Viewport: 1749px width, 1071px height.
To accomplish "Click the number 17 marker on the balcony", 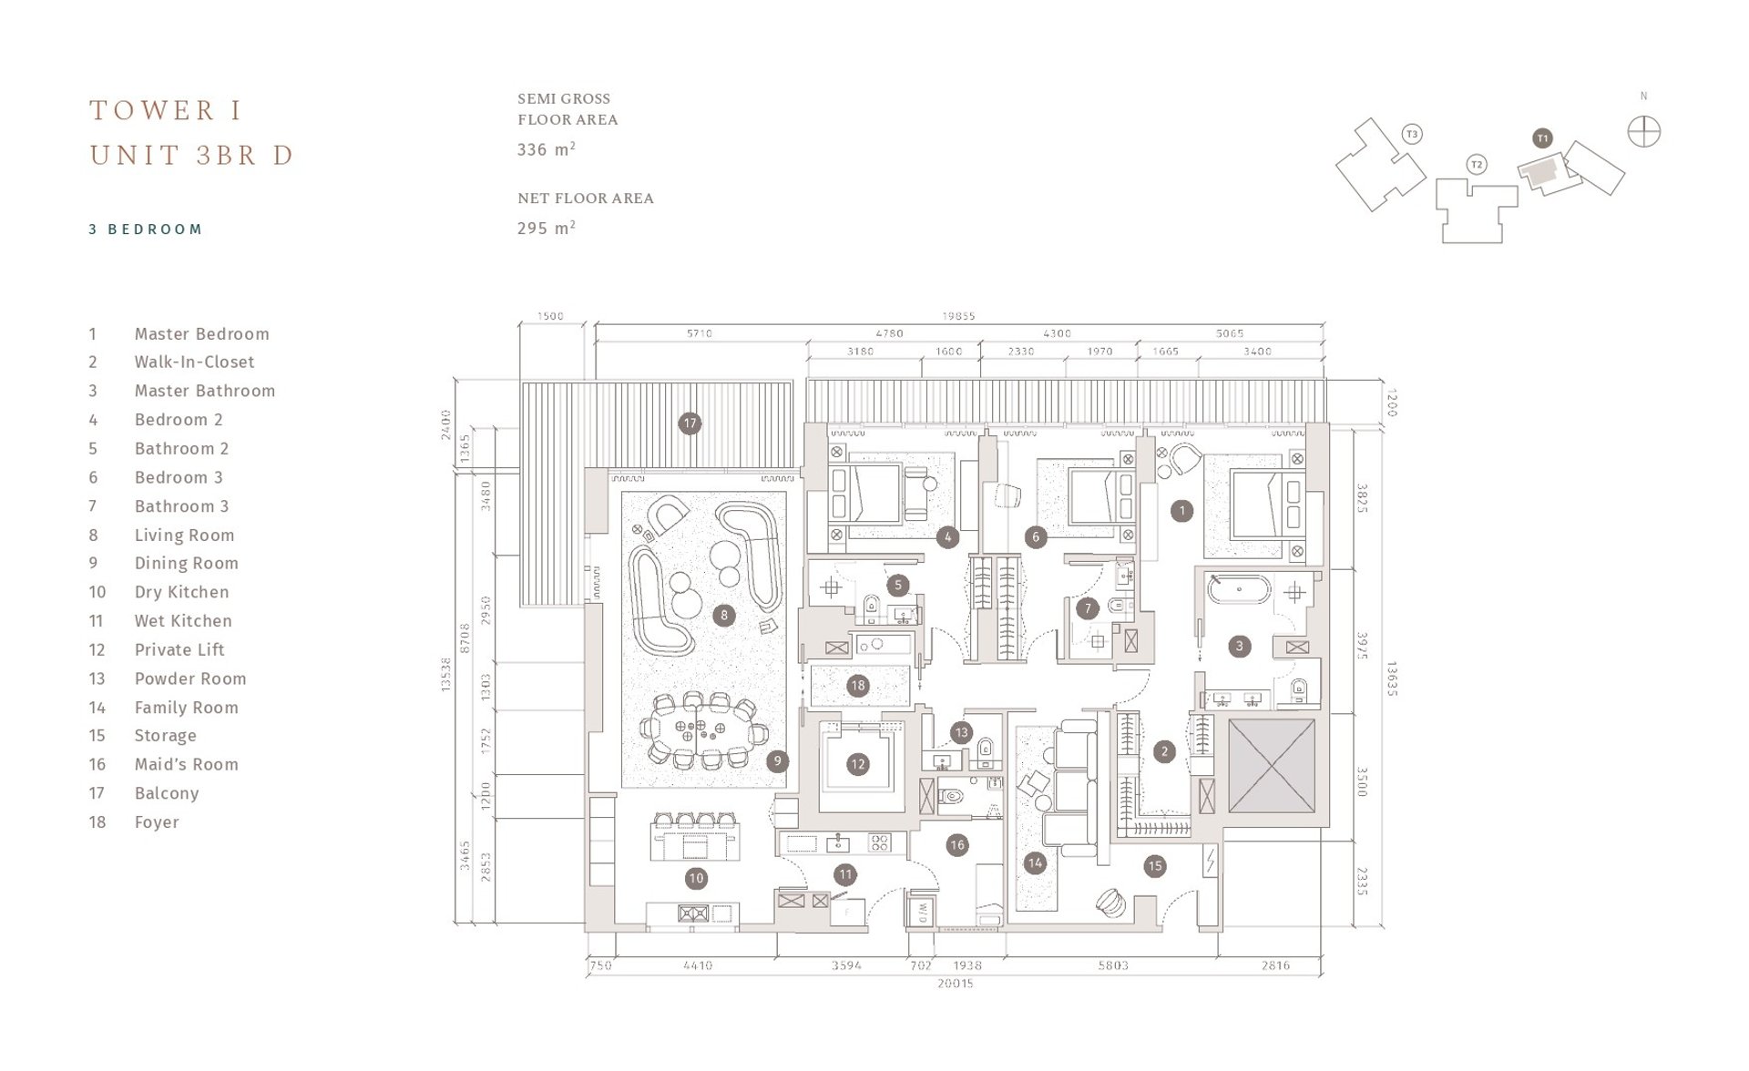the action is (690, 423).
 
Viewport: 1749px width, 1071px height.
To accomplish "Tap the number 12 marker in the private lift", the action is (857, 764).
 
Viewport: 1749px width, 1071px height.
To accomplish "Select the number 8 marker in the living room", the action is (724, 616).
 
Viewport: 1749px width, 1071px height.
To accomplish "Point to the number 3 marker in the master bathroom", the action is (1239, 647).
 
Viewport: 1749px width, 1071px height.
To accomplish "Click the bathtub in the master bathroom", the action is (1238, 590).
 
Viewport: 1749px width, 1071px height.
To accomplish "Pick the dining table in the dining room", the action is (698, 729).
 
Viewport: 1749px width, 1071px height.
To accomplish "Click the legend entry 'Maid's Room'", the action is (186, 765).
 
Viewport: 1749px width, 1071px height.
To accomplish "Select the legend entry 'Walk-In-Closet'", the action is (194, 362).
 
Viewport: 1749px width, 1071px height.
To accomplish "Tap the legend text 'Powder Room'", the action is (189, 678).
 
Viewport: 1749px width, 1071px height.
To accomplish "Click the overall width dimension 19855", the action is (958, 316).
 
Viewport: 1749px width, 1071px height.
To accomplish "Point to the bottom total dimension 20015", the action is (955, 984).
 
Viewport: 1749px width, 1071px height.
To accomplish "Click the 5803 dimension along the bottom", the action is (1112, 965).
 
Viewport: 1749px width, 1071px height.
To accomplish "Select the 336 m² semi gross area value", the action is (546, 150).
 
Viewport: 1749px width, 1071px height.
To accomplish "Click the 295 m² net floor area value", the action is (546, 229).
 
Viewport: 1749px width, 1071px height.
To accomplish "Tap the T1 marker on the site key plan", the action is (1542, 138).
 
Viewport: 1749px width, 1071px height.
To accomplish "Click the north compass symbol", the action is (1644, 132).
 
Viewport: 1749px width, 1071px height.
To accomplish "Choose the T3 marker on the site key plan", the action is (1412, 135).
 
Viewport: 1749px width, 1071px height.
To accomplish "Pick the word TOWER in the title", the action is (153, 111).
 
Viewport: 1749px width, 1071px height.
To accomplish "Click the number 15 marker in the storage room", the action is (1155, 866).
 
